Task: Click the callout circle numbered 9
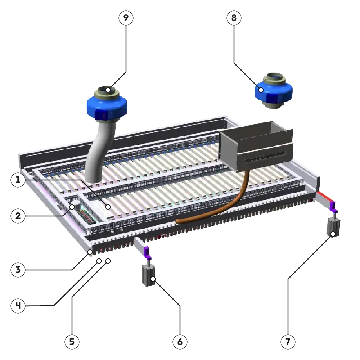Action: [x=126, y=18]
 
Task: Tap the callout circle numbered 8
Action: [x=234, y=18]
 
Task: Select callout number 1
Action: [x=18, y=180]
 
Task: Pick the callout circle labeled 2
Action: [x=18, y=216]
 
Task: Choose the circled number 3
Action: [x=18, y=270]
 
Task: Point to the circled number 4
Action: [x=18, y=306]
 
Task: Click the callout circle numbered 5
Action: [x=72, y=342]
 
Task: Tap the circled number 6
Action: [x=180, y=342]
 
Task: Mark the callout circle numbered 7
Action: [x=288, y=342]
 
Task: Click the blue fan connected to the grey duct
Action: [x=107, y=104]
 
